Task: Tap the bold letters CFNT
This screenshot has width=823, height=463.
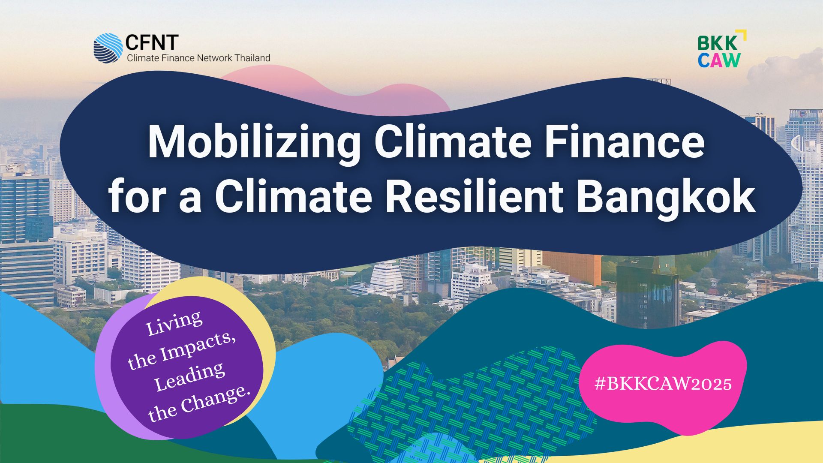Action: [152, 43]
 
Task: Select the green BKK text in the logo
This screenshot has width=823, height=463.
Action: [718, 43]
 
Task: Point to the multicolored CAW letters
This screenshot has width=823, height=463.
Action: [719, 60]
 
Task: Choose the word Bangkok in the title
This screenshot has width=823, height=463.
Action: [666, 199]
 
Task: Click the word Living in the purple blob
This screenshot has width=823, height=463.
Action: [174, 323]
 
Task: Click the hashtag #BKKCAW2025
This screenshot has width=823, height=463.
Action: [663, 384]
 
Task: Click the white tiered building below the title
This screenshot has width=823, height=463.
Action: [387, 277]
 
